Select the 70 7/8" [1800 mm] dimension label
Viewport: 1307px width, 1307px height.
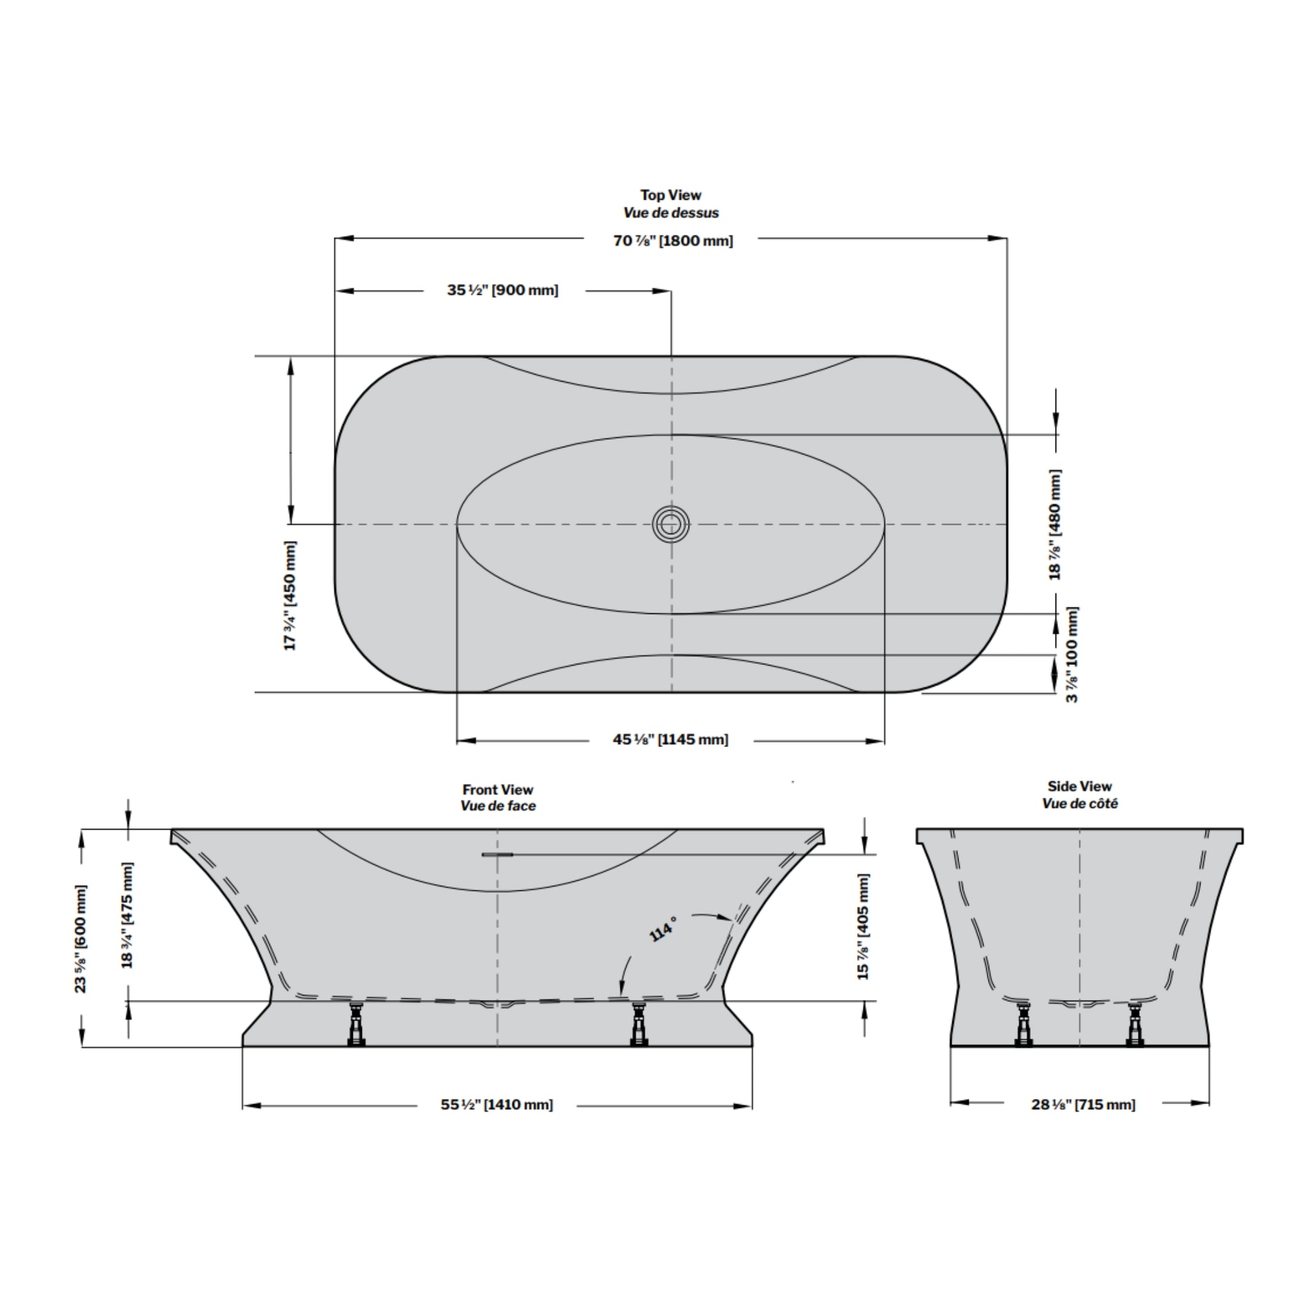[x=673, y=241]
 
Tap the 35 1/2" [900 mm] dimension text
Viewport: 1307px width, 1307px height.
[x=503, y=290]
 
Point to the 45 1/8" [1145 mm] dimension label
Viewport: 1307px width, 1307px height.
[x=670, y=739]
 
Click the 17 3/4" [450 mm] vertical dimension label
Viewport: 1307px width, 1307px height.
[x=290, y=595]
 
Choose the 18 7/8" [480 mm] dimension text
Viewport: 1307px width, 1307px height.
[x=1054, y=524]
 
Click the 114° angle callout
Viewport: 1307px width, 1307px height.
[x=662, y=930]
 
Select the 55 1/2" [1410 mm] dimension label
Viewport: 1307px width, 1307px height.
[x=497, y=1105]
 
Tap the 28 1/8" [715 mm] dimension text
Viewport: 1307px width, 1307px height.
[x=1083, y=1105]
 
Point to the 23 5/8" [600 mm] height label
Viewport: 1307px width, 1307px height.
[x=81, y=938]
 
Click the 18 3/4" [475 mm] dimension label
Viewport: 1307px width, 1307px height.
[x=127, y=914]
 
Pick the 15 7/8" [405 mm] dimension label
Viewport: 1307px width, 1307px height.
[x=863, y=926]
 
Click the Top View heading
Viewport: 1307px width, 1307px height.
[x=670, y=195]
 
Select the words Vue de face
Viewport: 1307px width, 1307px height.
[x=498, y=806]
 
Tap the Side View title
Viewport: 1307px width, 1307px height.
[x=1080, y=786]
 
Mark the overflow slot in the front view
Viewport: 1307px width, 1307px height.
[x=497, y=854]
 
